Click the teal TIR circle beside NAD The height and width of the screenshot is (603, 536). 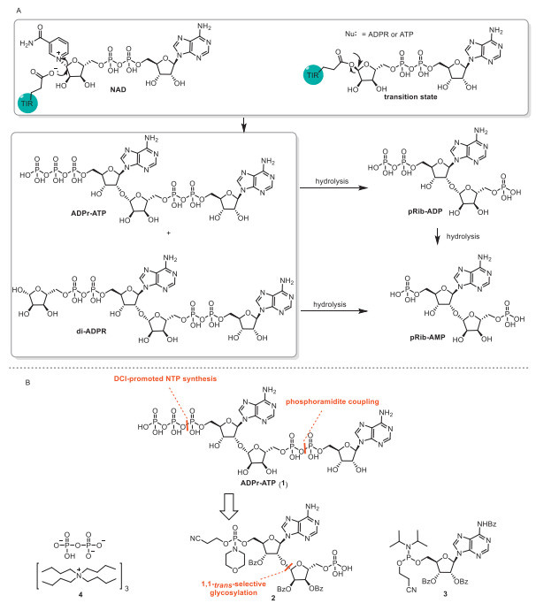point(27,103)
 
